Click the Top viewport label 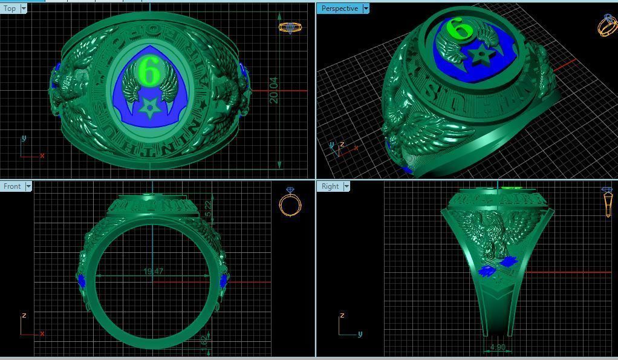click(x=10, y=8)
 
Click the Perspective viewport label click(x=339, y=8)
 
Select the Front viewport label click(x=12, y=186)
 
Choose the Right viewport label click(x=330, y=186)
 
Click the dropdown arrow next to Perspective click(x=366, y=8)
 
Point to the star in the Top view click(x=148, y=109)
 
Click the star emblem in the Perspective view click(x=481, y=56)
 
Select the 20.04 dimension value click(x=274, y=90)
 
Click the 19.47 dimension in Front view click(x=154, y=272)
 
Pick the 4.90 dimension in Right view click(x=498, y=347)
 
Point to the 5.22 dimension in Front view click(x=209, y=209)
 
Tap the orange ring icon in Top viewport click(x=290, y=27)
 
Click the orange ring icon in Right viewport click(x=607, y=203)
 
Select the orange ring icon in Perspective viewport click(x=607, y=25)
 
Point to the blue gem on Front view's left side click(x=82, y=281)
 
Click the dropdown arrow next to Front click(x=28, y=186)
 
